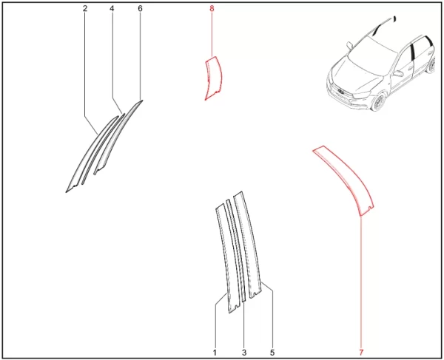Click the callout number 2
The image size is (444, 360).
click(x=85, y=9)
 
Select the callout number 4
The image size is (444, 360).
click(x=112, y=9)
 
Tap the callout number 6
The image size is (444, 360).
click(x=140, y=9)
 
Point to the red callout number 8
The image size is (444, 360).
click(x=212, y=9)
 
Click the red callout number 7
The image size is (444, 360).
click(x=361, y=353)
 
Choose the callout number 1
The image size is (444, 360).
click(x=215, y=353)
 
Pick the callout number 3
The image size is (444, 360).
click(x=244, y=353)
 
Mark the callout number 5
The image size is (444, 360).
click(x=272, y=353)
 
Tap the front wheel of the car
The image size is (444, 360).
click(x=377, y=102)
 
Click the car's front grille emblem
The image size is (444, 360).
click(x=340, y=91)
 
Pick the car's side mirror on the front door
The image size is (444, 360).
click(x=398, y=73)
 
